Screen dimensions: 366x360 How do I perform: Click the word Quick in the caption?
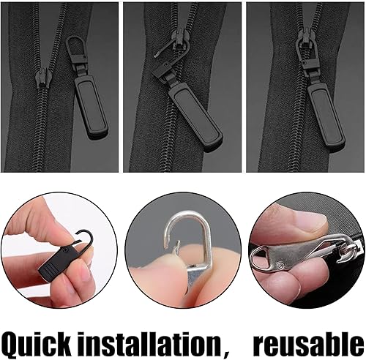click(37, 343)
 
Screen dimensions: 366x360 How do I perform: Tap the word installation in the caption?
click(149, 342)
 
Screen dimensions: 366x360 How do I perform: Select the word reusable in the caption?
click(309, 344)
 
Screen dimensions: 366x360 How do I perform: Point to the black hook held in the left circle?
click(85, 236)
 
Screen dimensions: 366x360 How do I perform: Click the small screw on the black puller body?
click(67, 250)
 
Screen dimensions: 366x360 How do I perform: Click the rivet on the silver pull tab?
click(281, 264)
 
